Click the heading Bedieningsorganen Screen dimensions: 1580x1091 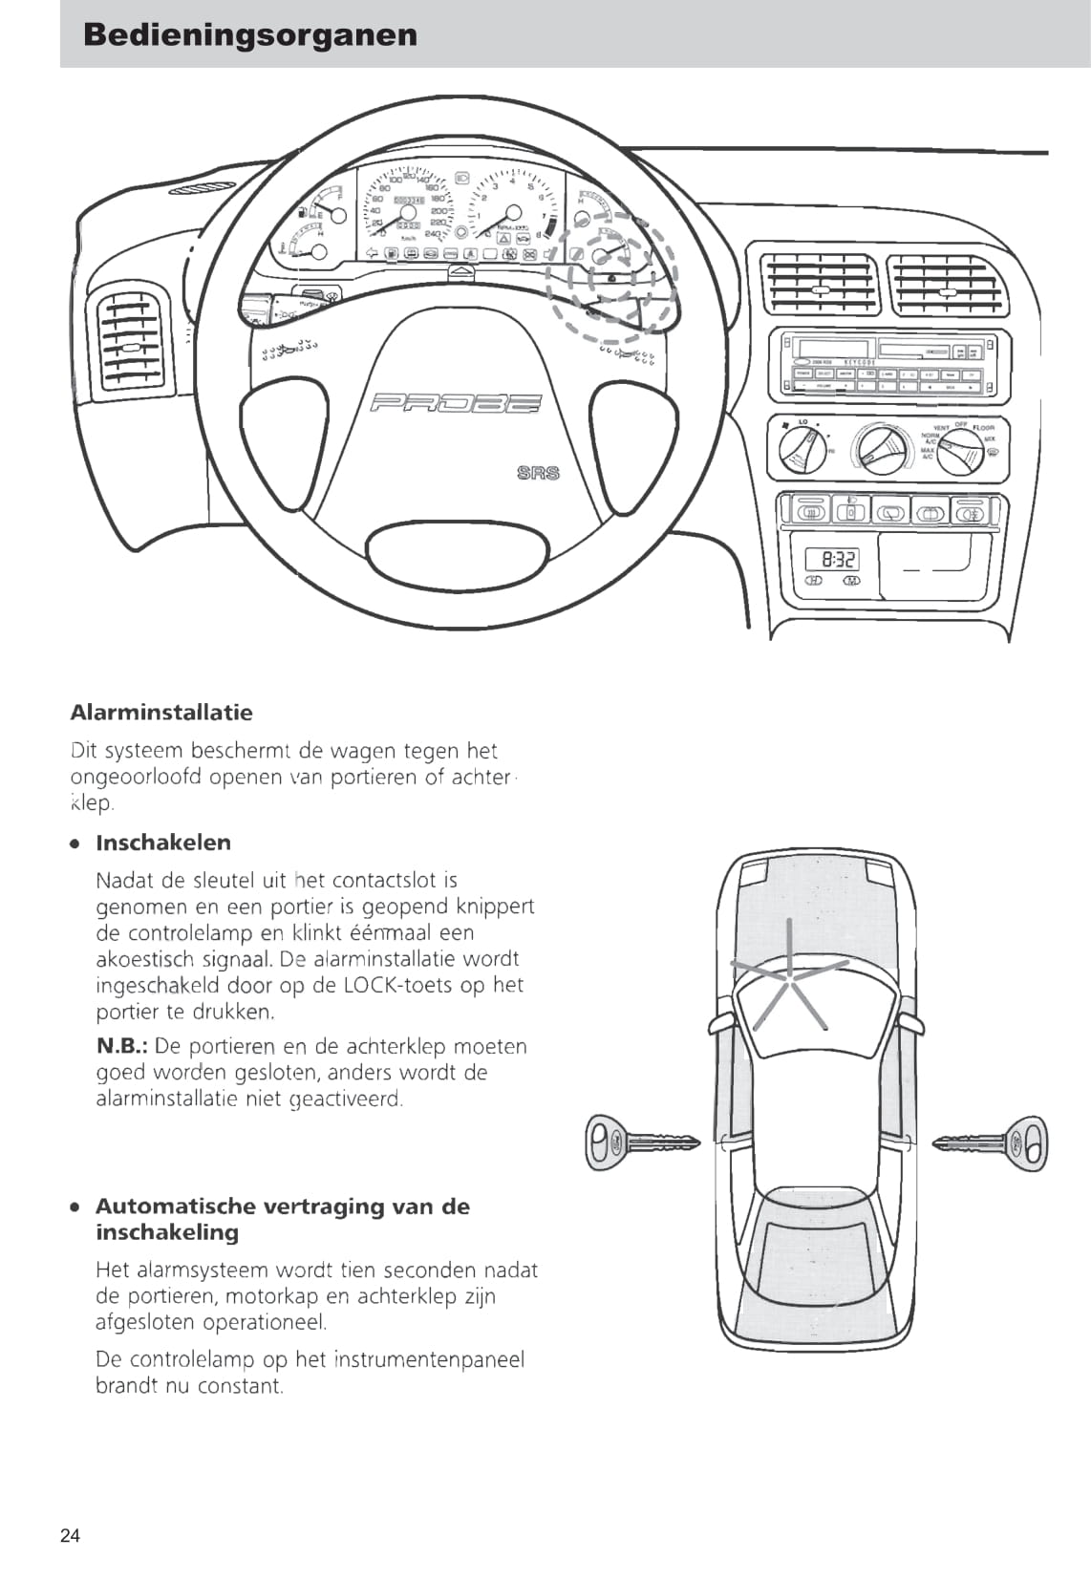click(x=250, y=35)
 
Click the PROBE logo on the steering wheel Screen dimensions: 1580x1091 click(x=455, y=404)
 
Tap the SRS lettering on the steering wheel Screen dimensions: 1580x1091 click(x=538, y=472)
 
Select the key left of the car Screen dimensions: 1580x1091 click(x=641, y=1142)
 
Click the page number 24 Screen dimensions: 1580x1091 click(x=71, y=1536)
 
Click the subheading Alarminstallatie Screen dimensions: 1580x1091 click(x=161, y=713)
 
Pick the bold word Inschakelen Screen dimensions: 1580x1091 click(x=163, y=843)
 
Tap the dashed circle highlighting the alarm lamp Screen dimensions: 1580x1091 click(x=611, y=277)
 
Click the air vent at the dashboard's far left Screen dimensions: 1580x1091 click(x=131, y=341)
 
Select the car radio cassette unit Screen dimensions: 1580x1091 click(x=889, y=365)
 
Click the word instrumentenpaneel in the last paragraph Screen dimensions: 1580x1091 click(x=430, y=1359)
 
